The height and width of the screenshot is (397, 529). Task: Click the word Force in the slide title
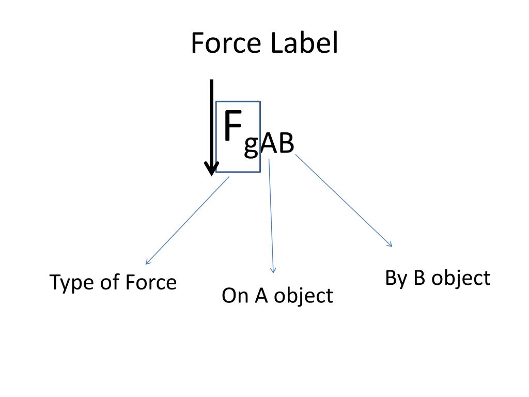pyautogui.click(x=226, y=43)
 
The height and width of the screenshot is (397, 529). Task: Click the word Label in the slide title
pyautogui.click(x=303, y=43)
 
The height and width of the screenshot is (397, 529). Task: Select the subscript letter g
pyautogui.click(x=251, y=146)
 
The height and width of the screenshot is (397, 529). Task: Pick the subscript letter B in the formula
pyautogui.click(x=286, y=144)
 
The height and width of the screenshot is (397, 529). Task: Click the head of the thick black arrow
pyautogui.click(x=211, y=169)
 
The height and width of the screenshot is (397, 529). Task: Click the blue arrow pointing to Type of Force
pyautogui.click(x=187, y=221)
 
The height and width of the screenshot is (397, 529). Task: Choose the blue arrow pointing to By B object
pyautogui.click(x=344, y=201)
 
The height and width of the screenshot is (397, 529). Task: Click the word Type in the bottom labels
pyautogui.click(x=69, y=283)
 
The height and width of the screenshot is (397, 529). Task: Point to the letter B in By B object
pyautogui.click(x=418, y=278)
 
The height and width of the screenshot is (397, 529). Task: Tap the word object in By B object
pyautogui.click(x=460, y=279)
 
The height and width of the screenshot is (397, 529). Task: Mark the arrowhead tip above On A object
pyautogui.click(x=273, y=272)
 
